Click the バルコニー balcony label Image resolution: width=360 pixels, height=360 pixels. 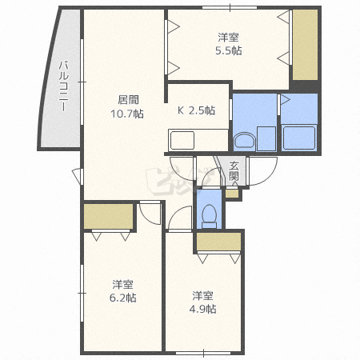tap(63, 86)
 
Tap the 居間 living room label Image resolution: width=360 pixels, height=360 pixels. tap(128, 100)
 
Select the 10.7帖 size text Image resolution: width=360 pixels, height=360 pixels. tap(127, 114)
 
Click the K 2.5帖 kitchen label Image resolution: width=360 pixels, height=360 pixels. tap(196, 110)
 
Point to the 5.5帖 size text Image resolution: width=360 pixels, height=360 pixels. tap(229, 50)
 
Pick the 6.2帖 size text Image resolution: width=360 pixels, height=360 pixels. tap(123, 298)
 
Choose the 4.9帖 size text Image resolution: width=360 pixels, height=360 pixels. tap(202, 309)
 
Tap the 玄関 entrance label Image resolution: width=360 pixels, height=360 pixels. tap(234, 171)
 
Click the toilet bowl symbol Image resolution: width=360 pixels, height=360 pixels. tap(210, 216)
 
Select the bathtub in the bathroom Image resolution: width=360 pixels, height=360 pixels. tap(299, 138)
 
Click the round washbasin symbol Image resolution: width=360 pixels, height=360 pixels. tap(245, 141)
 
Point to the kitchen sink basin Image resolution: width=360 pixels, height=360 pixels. tap(182, 141)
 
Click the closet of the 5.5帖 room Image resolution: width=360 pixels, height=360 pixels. tap(306, 45)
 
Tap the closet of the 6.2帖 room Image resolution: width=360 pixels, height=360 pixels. tap(108, 216)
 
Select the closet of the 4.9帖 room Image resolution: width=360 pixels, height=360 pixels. tap(218, 242)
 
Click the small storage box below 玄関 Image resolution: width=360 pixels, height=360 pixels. tap(232, 194)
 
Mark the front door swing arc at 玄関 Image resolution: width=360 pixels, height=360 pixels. tap(270, 178)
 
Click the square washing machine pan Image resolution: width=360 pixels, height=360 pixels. tap(266, 138)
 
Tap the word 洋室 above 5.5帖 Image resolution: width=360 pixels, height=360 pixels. tap(228, 38)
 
